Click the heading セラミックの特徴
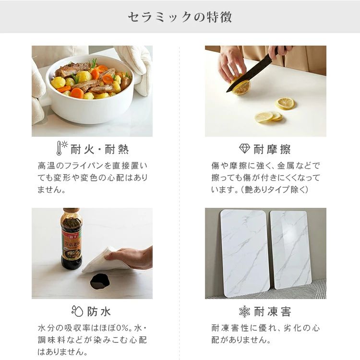pos(180,17)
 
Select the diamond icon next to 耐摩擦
pos(244,148)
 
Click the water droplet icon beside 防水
pos(77,311)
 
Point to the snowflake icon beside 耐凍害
pos(244,312)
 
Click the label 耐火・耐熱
pos(99,149)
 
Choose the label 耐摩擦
pos(272,149)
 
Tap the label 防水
pos(99,312)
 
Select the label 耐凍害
pos(273,312)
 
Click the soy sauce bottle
pos(72,239)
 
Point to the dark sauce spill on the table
pos(100,281)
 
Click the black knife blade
pos(249,73)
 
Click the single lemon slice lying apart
pos(285,103)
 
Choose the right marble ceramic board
pos(290,250)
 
